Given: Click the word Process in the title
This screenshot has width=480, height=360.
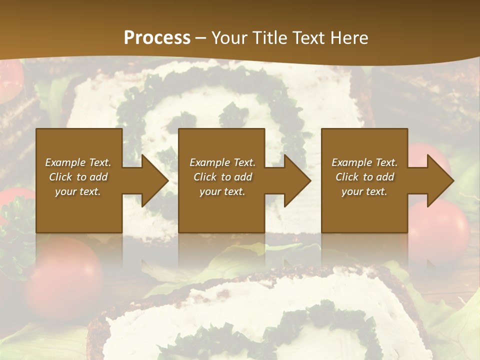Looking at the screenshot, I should [x=157, y=38].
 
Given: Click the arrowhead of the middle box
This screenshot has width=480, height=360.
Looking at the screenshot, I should [x=296, y=180].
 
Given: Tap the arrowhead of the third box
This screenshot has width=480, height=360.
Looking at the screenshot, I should [x=439, y=180].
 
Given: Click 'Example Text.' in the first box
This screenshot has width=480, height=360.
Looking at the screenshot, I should [x=78, y=162].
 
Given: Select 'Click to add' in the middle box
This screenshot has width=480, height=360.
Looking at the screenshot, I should [x=222, y=177].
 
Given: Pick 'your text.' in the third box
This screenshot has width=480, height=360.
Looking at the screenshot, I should [x=364, y=191].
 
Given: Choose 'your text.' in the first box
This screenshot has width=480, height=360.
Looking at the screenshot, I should [x=78, y=191].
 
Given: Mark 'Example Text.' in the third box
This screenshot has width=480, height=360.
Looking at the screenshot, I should [x=364, y=162].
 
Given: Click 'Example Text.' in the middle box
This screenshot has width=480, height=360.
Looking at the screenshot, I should [x=222, y=162].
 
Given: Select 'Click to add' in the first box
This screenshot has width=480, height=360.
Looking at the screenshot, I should [x=78, y=177].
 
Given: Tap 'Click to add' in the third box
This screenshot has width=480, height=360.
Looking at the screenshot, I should [x=364, y=177].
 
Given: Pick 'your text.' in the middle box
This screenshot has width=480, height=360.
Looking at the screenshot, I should [x=222, y=191].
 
